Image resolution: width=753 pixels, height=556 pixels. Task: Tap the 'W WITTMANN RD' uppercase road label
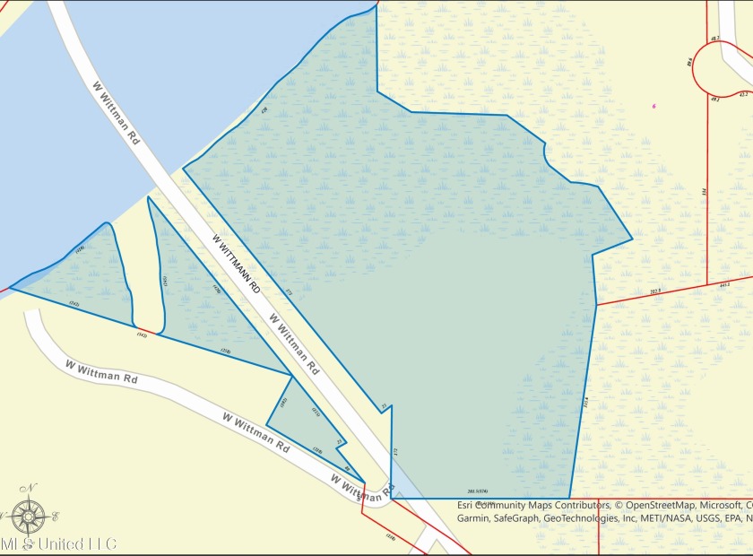point(237,265)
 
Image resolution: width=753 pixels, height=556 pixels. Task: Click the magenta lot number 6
point(654,106)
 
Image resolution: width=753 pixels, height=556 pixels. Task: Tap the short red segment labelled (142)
point(142,334)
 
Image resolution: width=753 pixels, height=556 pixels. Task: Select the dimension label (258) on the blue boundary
point(226,351)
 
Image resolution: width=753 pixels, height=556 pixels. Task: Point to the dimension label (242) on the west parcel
point(74,305)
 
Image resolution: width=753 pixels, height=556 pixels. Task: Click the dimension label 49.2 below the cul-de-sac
point(714,98)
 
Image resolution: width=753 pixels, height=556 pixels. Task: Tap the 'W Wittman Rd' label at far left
point(100,373)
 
